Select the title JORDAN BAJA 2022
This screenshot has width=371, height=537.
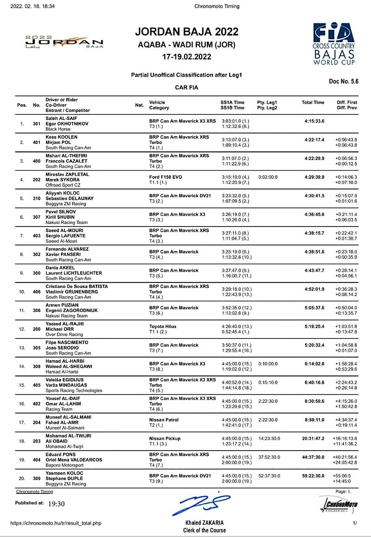point(187,32)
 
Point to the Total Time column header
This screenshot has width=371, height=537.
point(313,103)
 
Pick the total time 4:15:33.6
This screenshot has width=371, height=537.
point(314,121)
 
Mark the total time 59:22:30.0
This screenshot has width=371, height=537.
point(313,476)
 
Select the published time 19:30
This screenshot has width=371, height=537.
point(56,504)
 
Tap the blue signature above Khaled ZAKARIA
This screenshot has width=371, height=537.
point(203,503)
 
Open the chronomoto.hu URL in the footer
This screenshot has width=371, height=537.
point(56,523)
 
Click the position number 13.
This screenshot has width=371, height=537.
point(21,349)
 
